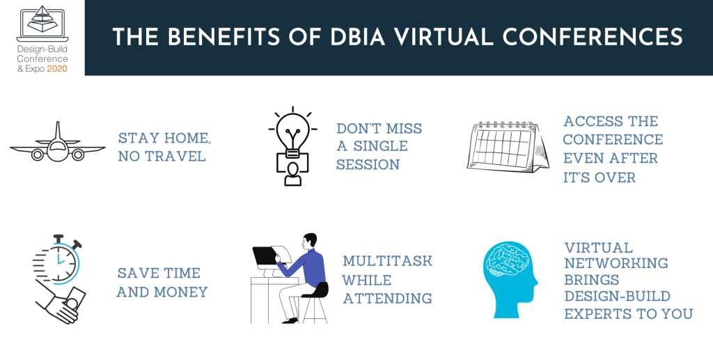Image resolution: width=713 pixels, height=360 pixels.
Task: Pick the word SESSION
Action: click(368, 165)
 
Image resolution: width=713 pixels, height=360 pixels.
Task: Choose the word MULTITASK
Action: click(387, 261)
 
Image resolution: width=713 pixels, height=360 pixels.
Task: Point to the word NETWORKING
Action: click(616, 263)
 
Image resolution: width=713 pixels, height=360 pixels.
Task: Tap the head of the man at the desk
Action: click(310, 241)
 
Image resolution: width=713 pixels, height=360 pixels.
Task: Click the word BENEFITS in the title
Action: click(219, 37)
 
